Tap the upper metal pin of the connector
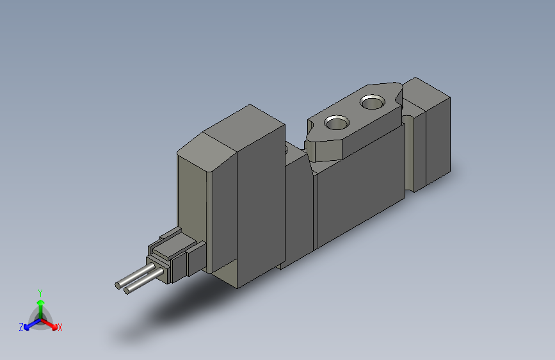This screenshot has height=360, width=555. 135,276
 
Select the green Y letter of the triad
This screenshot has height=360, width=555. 40,292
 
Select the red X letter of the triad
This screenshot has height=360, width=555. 60,327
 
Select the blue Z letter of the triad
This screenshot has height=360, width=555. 21,327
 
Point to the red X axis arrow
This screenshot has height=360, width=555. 51,323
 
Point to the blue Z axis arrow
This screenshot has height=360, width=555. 29,324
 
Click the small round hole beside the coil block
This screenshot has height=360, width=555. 286,151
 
